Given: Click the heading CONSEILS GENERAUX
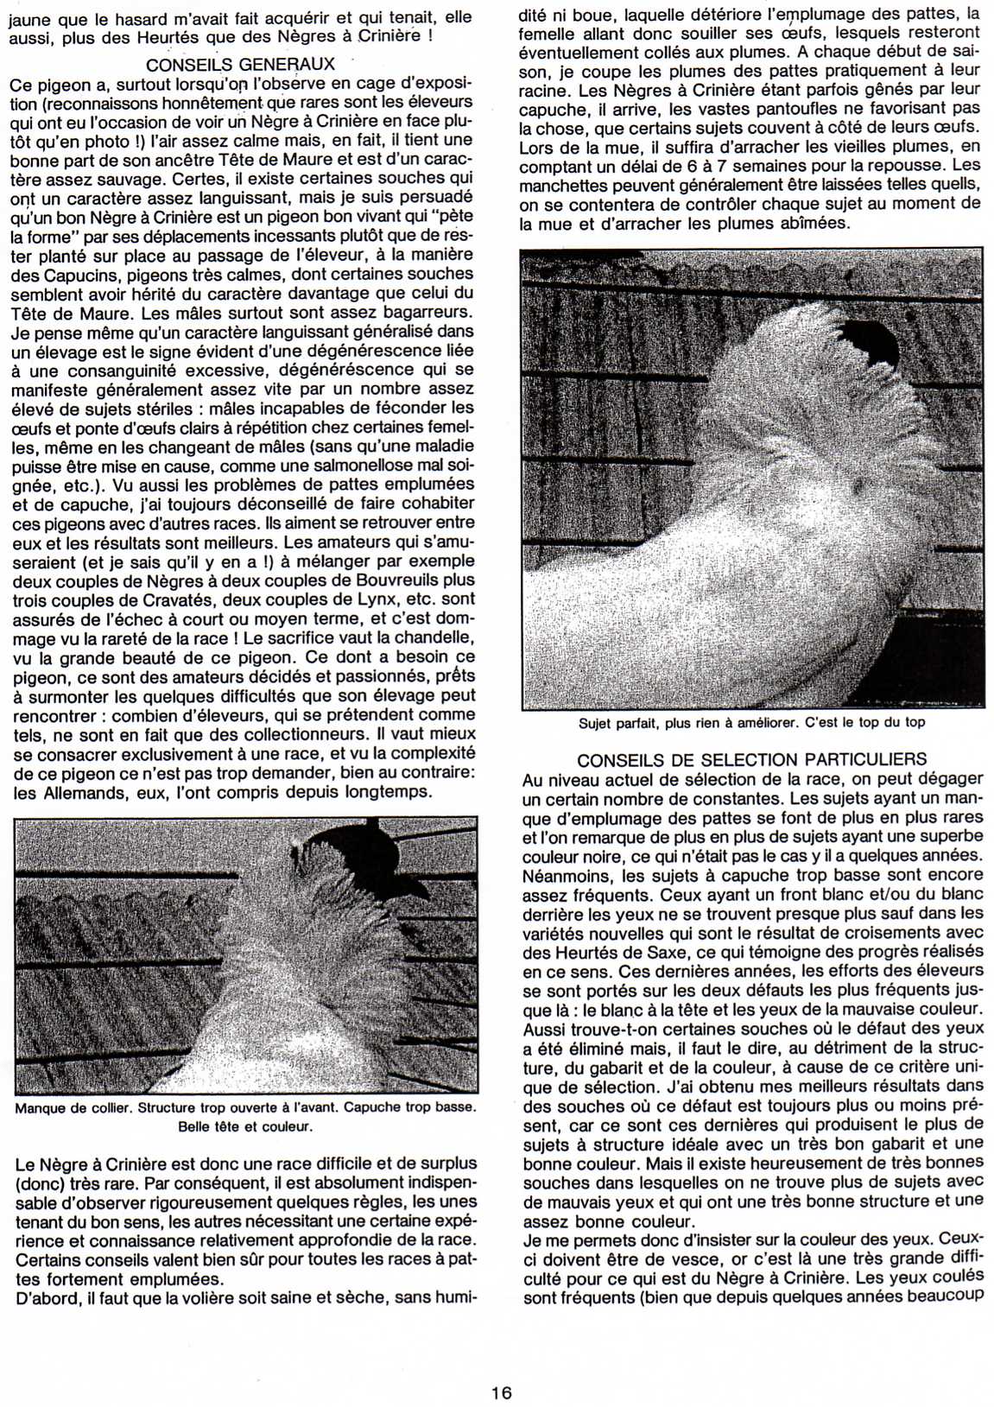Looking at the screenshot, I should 240,65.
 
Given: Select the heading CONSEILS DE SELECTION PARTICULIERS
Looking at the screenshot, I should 751,760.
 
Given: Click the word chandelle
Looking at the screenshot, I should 429,637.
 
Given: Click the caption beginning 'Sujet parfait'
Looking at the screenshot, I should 751,722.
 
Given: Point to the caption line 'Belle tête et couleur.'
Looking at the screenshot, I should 245,1126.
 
